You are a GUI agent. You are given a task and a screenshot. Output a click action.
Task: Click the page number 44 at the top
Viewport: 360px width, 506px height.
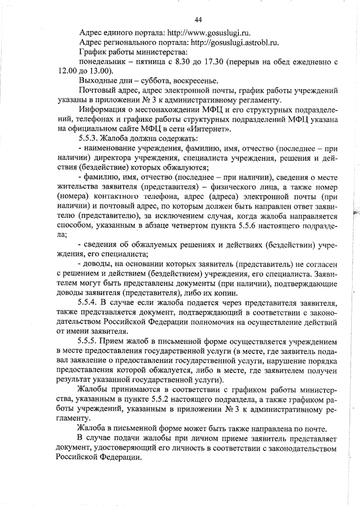(198, 20)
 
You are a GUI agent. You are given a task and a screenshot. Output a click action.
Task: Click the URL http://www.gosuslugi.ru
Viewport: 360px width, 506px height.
(208, 32)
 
